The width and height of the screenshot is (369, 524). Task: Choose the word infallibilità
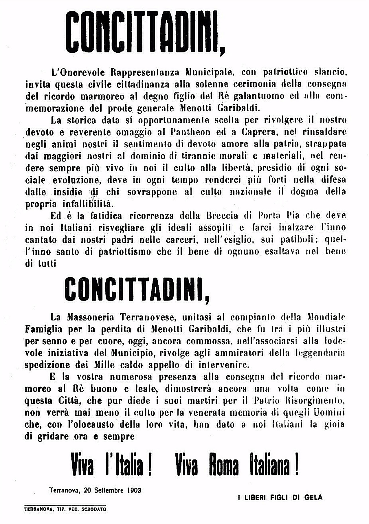[x=87, y=204]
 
